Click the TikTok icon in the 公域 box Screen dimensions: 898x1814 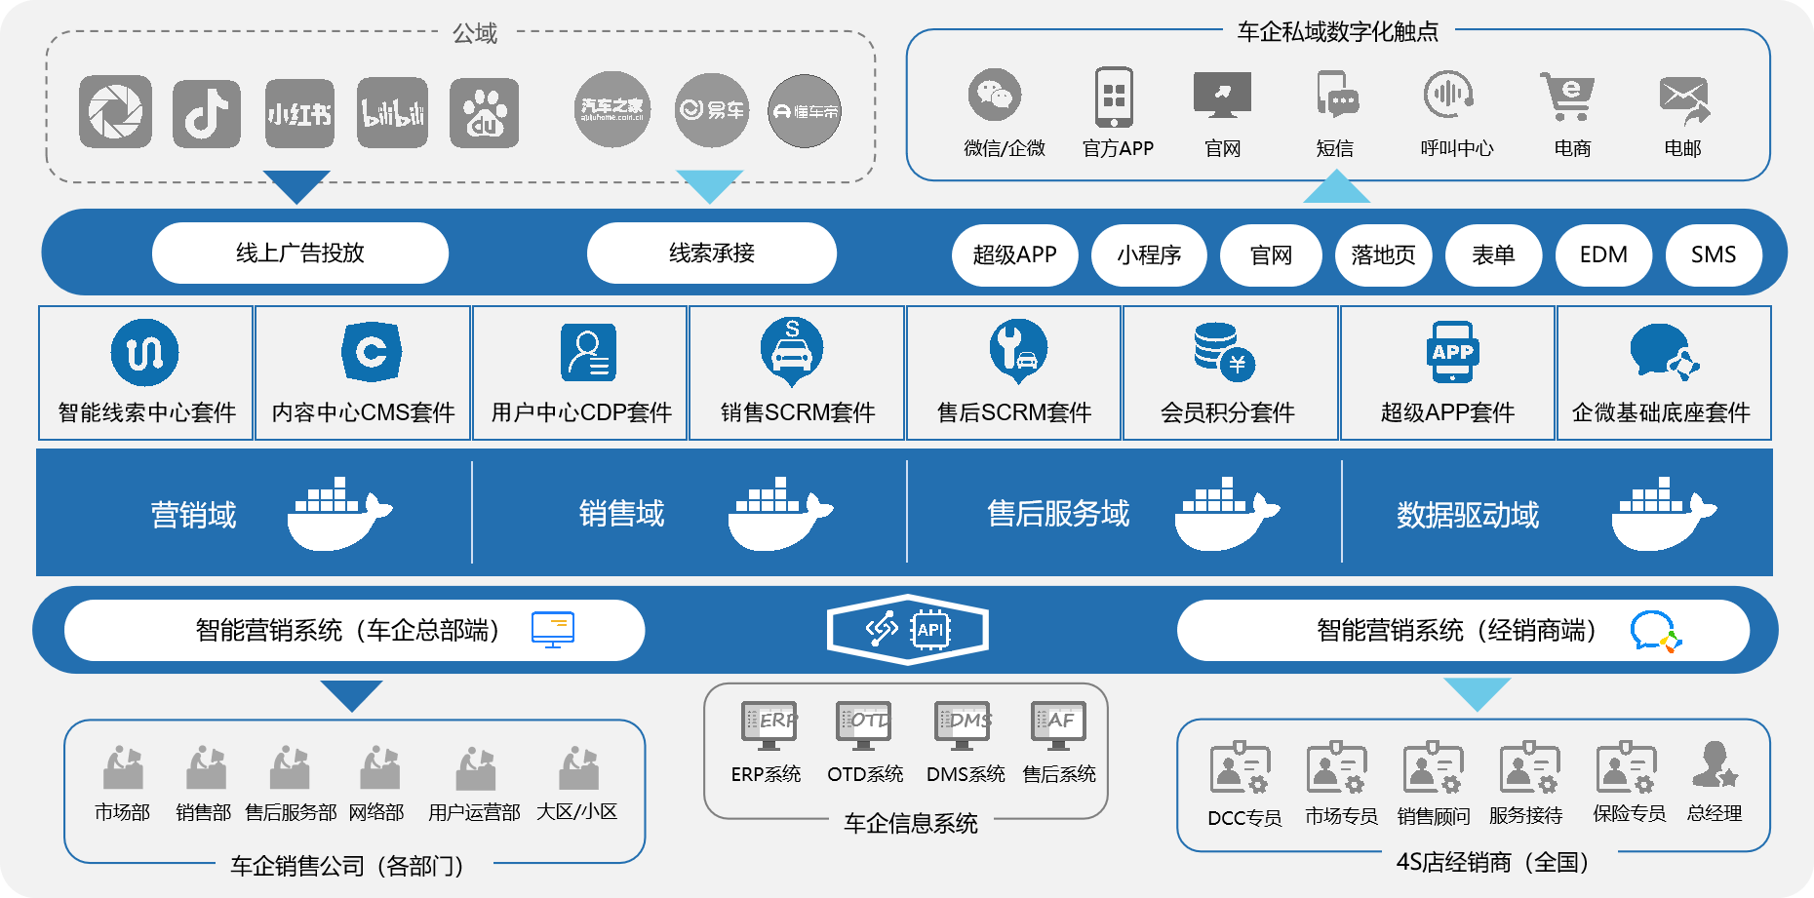pos(207,114)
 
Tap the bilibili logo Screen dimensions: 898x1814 pos(392,114)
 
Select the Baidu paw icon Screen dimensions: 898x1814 pos(484,114)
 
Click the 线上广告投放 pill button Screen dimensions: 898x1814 pos(300,254)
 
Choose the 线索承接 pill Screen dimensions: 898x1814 pos(712,254)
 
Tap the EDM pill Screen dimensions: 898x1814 pos(1603,254)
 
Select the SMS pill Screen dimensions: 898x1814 pos(1714,254)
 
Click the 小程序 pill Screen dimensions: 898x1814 pos(1149,254)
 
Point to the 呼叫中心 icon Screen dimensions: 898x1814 pos(1448,96)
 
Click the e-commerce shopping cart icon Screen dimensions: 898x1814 pos(1568,96)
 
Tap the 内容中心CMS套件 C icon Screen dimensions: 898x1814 pos(372,352)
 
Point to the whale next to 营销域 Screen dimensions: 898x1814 pos(337,514)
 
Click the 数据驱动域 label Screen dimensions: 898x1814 pos(1468,515)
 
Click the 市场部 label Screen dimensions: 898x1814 pos(122,812)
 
